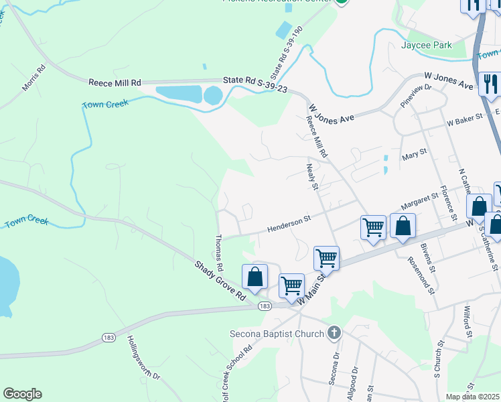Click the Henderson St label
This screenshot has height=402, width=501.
pyautogui.click(x=289, y=222)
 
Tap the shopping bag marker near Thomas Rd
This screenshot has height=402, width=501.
pyautogui.click(x=255, y=277)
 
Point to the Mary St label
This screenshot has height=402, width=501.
pyautogui.click(x=414, y=155)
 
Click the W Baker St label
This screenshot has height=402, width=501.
pyautogui.click(x=465, y=120)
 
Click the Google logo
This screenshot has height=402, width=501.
pyautogui.click(x=22, y=394)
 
